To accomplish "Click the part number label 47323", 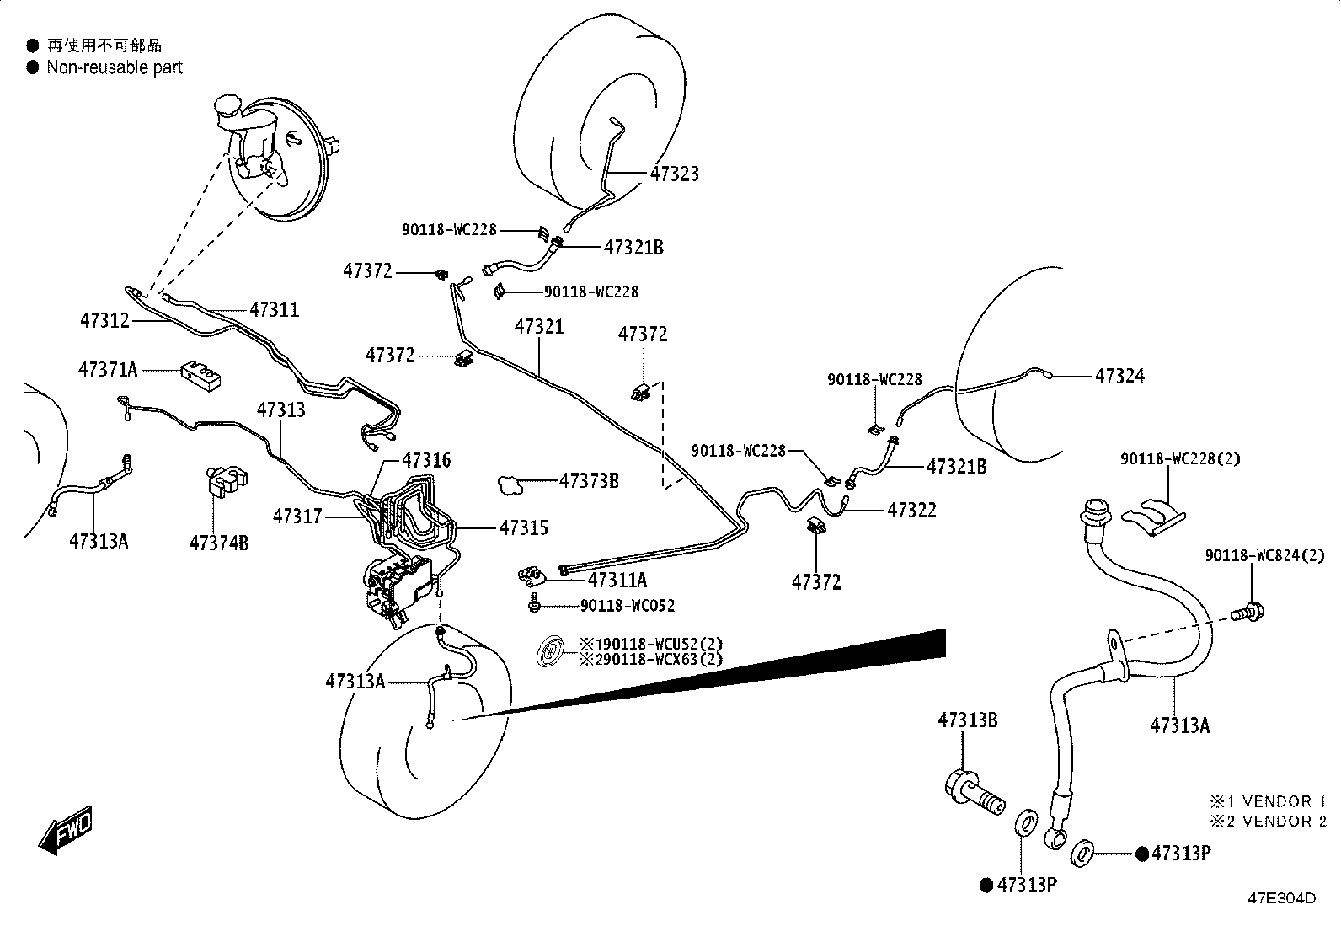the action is (674, 174).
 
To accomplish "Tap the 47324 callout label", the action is (1119, 376).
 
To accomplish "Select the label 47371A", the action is (108, 370).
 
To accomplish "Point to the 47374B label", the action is (219, 543).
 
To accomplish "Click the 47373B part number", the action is (589, 480).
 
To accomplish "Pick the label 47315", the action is (524, 527).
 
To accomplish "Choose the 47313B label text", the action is (968, 720).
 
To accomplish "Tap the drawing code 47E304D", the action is (1282, 898).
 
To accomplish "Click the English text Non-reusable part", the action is (115, 67).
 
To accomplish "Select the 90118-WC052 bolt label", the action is (628, 606).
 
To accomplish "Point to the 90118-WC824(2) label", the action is (1264, 556).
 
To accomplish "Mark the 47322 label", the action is (911, 511).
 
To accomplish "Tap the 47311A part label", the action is (617, 580).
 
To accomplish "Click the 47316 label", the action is (426, 460).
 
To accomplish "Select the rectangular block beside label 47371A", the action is (200, 377).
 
